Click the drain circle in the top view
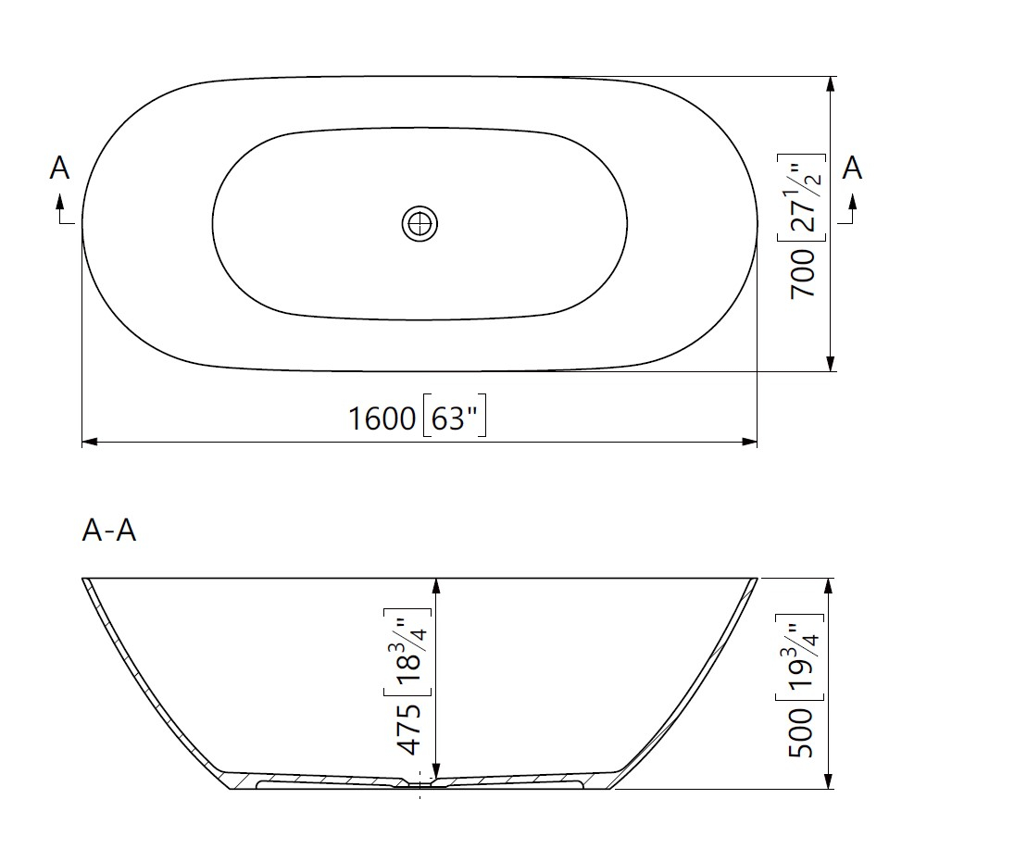(x=420, y=224)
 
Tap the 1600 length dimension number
(x=382, y=418)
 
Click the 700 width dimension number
(x=802, y=274)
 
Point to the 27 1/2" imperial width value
(x=801, y=198)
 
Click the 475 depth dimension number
(x=410, y=729)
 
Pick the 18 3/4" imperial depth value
(x=407, y=652)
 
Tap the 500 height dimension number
(x=800, y=732)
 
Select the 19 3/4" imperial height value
(x=800, y=657)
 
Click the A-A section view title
(x=108, y=530)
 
